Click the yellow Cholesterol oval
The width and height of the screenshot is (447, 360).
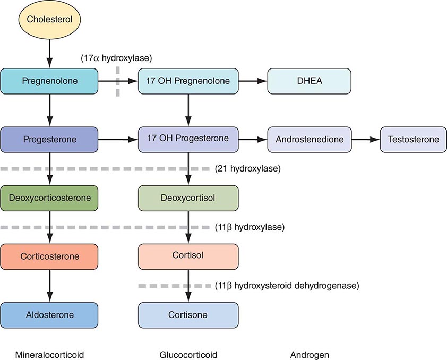(49, 22)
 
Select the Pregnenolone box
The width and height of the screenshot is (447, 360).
(49, 81)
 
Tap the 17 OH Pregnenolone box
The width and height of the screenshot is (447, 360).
(188, 81)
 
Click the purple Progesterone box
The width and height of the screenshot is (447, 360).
(49, 140)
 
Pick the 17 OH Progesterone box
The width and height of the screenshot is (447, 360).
(188, 140)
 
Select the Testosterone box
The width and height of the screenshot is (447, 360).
(412, 140)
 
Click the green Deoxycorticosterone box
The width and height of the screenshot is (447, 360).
(49, 198)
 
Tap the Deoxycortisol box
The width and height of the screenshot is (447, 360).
(188, 198)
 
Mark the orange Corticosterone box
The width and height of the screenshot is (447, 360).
(49, 256)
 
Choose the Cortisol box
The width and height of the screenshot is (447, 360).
(188, 256)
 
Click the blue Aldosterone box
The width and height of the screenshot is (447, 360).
(49, 315)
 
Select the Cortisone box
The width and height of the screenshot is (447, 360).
(188, 315)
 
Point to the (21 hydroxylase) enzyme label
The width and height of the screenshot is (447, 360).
(247, 169)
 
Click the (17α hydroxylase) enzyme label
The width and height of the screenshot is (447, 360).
(116, 57)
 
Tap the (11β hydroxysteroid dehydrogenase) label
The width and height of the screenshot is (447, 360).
(287, 286)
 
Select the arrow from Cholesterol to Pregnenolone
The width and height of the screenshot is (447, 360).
(49, 54)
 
